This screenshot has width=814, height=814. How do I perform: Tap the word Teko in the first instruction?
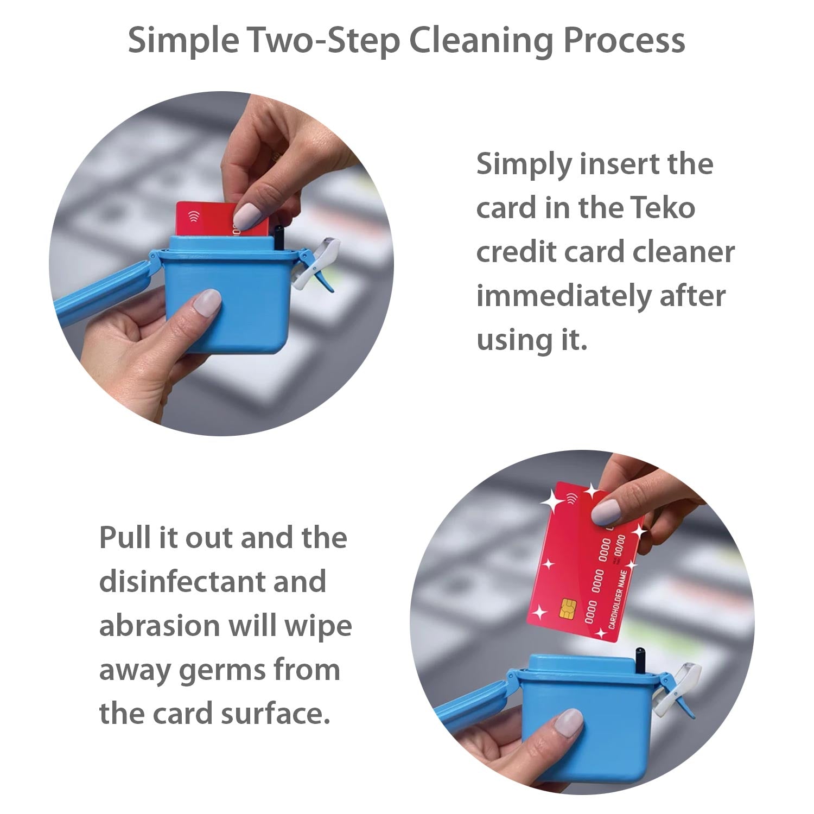tap(663, 208)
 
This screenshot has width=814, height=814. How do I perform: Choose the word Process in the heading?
tap(624, 40)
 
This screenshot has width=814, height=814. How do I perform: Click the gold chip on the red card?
tap(569, 607)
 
